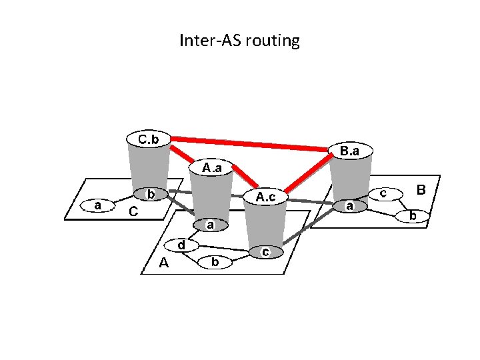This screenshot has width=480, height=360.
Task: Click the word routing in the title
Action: point(273,41)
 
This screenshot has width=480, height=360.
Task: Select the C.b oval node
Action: point(148,139)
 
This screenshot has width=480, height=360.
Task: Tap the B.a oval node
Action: point(349,151)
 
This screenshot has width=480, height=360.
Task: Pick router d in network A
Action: point(181,245)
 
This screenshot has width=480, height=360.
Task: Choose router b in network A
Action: point(215,263)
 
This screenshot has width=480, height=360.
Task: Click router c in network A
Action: point(265,252)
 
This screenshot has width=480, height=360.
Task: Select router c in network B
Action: point(384,193)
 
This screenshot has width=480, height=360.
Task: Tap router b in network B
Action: point(413,216)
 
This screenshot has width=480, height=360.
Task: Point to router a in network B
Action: point(349,207)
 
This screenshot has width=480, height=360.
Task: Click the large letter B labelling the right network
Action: point(421,190)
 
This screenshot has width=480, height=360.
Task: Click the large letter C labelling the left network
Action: point(133,212)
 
